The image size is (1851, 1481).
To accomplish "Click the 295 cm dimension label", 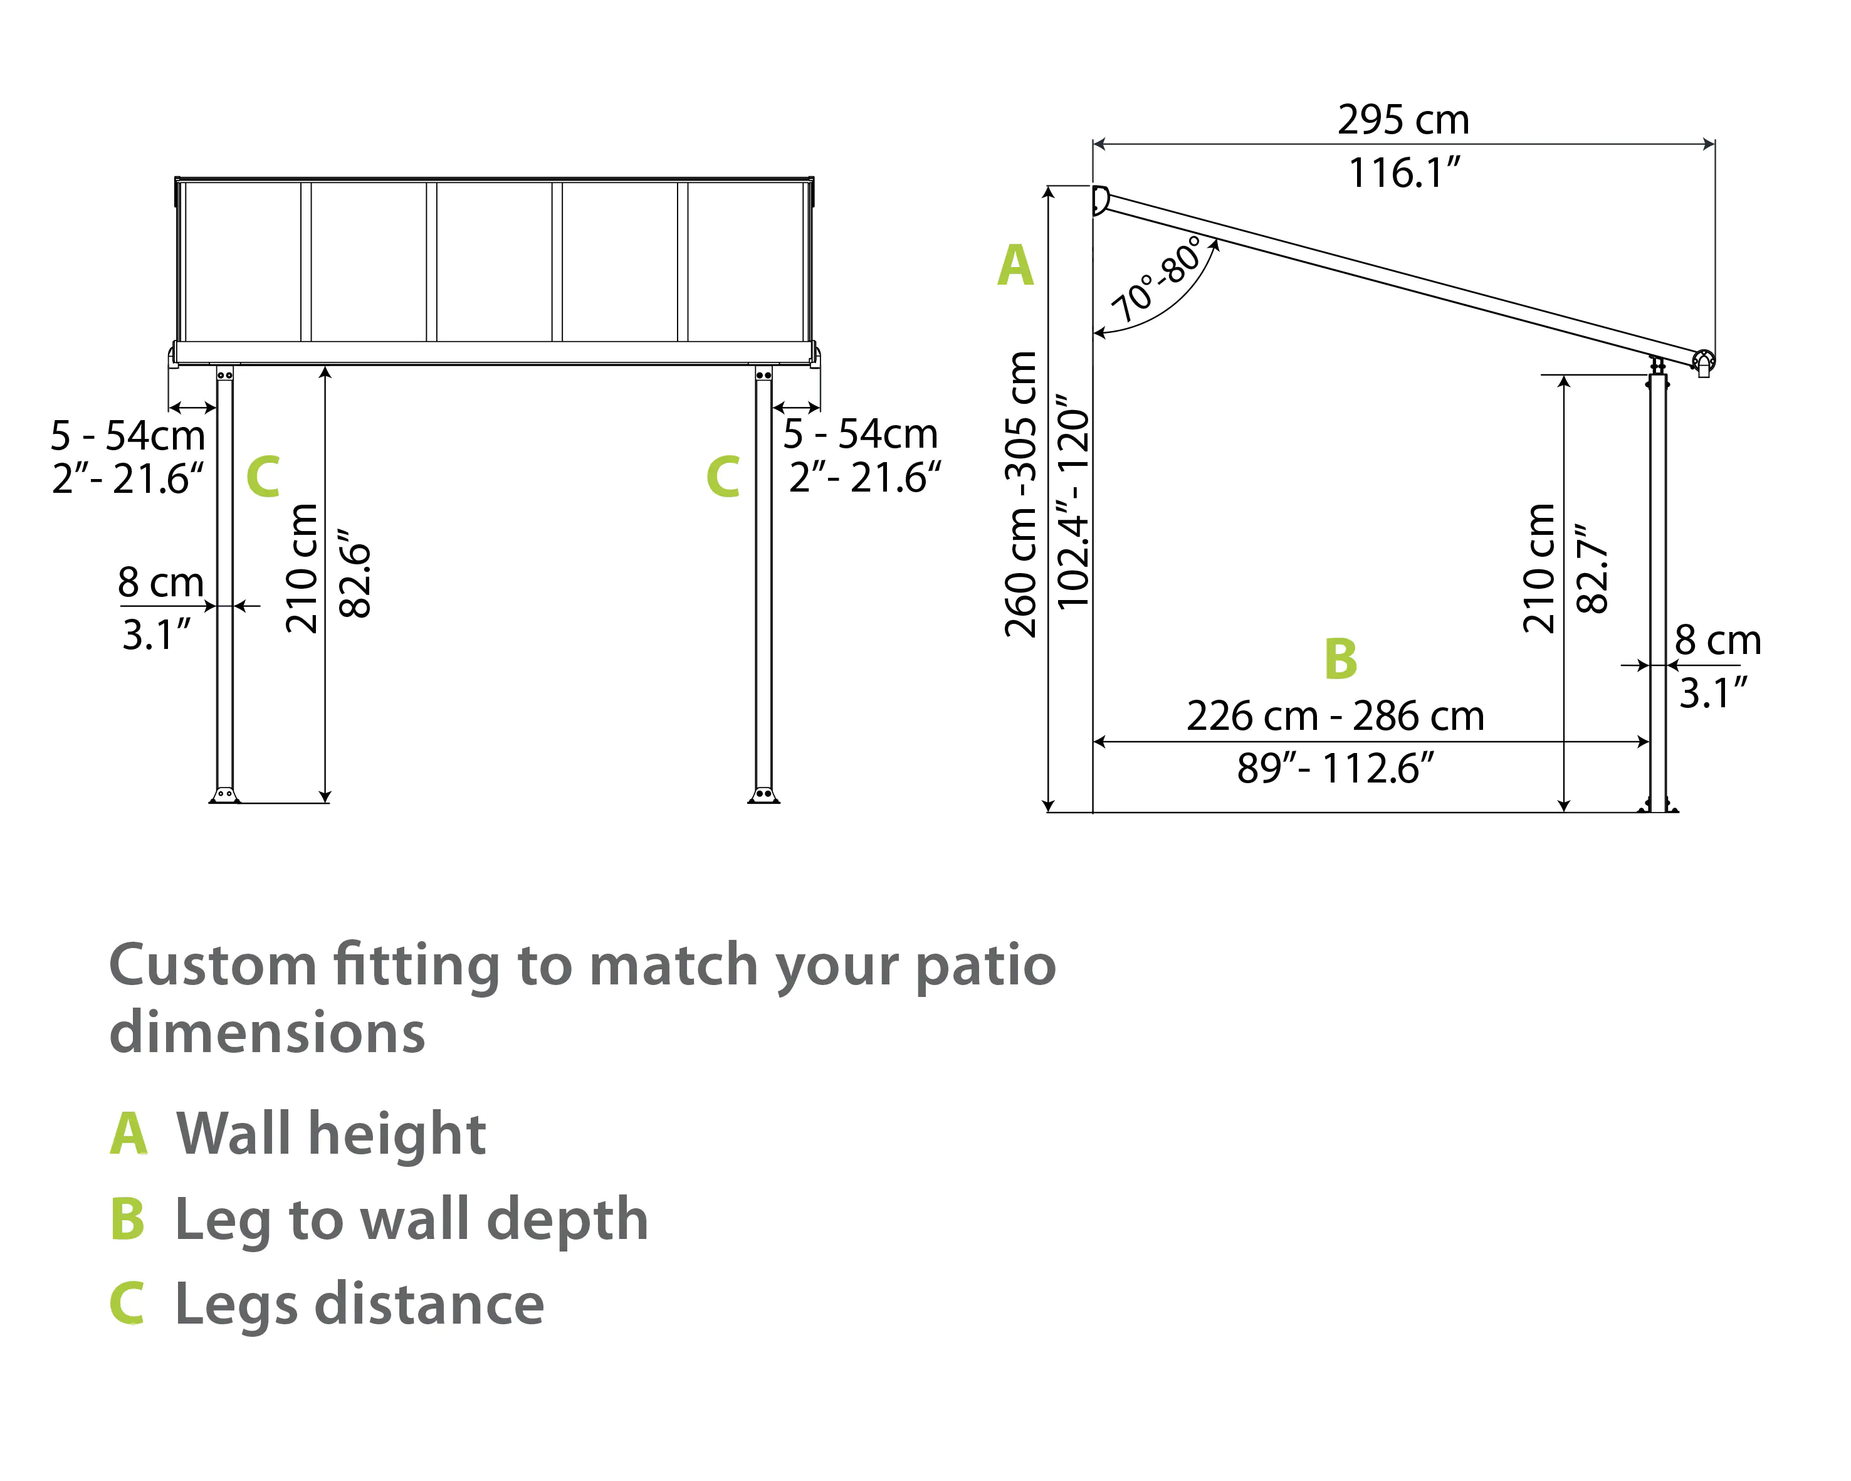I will pyautogui.click(x=1403, y=119).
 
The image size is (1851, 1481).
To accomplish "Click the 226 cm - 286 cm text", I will pyautogui.click(x=1335, y=716).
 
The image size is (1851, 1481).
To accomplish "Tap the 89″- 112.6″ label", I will pyautogui.click(x=1335, y=769).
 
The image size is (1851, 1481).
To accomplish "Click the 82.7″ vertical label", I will pyautogui.click(x=1593, y=568).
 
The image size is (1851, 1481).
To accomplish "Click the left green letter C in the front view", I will pyautogui.click(x=263, y=477).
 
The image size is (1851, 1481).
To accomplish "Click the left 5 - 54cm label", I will pyautogui.click(x=128, y=435).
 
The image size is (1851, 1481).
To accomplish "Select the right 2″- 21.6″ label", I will pyautogui.click(x=864, y=477).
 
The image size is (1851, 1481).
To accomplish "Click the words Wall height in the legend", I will pyautogui.click(x=330, y=1134).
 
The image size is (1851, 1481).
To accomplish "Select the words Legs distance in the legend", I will pyautogui.click(x=359, y=1304).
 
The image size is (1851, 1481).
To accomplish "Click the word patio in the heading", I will pyautogui.click(x=985, y=965).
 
